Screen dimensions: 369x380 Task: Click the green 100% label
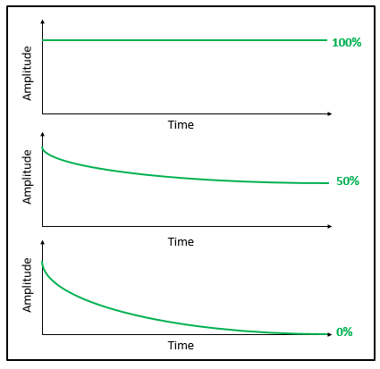point(346,42)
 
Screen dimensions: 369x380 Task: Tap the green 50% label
point(347,181)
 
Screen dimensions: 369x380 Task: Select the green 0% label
point(344,332)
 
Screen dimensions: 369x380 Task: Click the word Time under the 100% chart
point(181,125)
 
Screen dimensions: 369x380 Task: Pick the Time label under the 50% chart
point(181,241)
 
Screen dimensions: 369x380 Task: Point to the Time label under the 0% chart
point(181,345)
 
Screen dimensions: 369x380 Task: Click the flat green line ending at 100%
point(179,40)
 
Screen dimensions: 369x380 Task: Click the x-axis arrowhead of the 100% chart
point(329,114)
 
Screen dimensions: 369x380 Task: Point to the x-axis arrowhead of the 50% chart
point(329,231)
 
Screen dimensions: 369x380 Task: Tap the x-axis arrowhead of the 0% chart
point(329,335)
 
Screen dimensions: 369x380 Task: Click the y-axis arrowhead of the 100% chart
point(42,21)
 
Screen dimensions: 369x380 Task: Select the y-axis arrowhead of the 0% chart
point(42,242)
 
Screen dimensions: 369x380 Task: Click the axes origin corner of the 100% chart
point(42,114)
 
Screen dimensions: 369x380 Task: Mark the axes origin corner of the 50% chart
point(42,231)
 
